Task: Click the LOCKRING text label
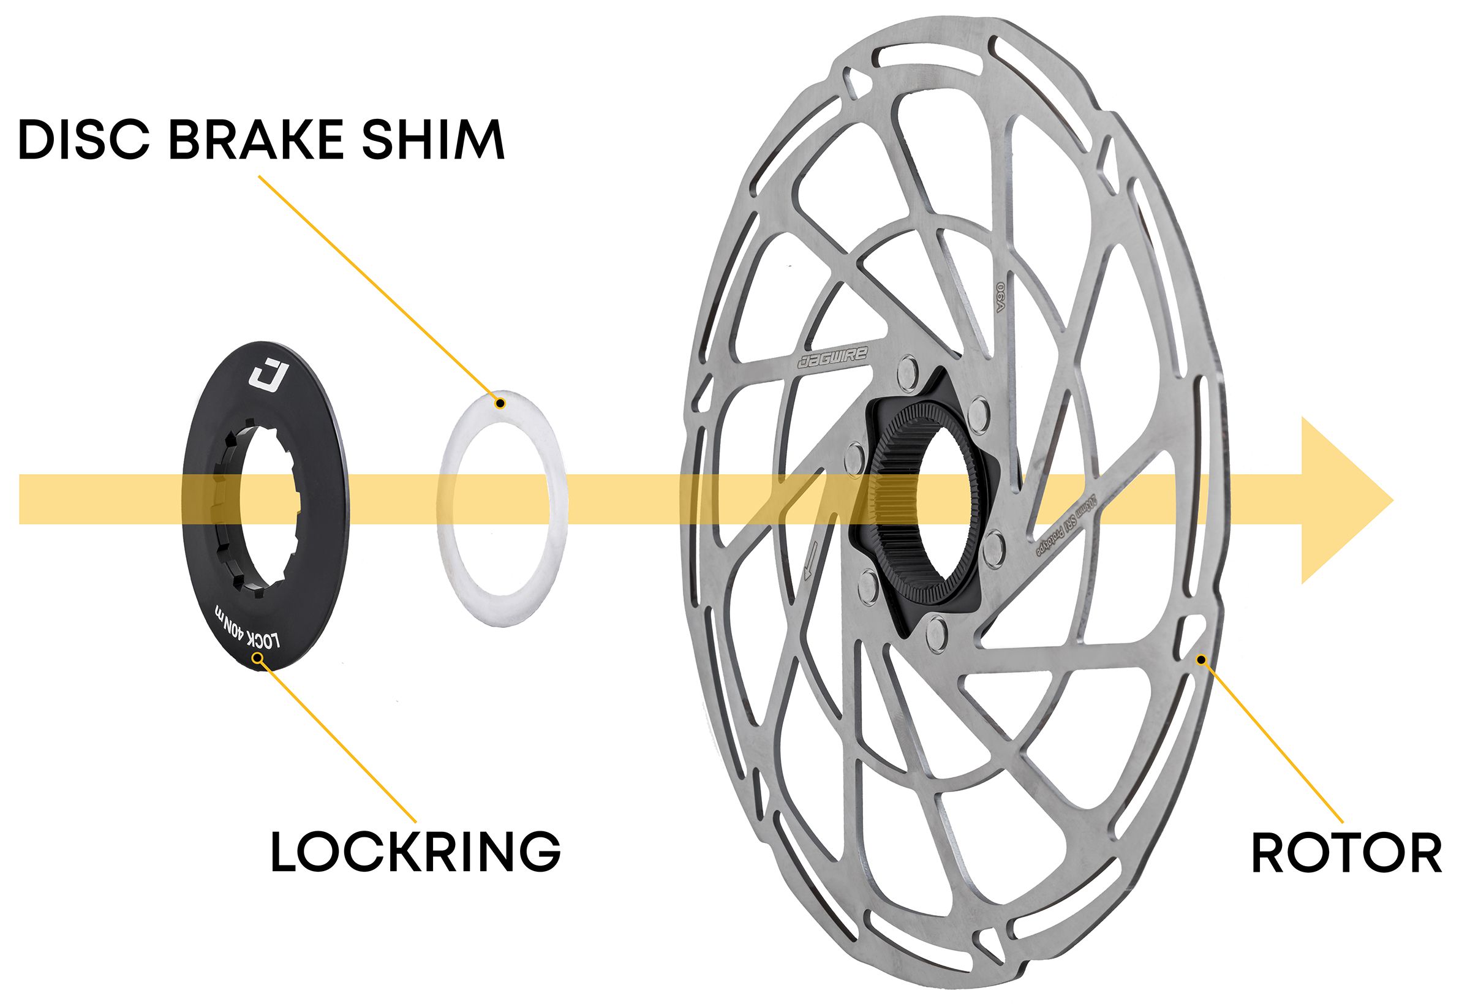[415, 851]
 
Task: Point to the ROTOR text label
[1347, 854]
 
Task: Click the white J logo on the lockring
[268, 377]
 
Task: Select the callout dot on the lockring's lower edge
[257, 659]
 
